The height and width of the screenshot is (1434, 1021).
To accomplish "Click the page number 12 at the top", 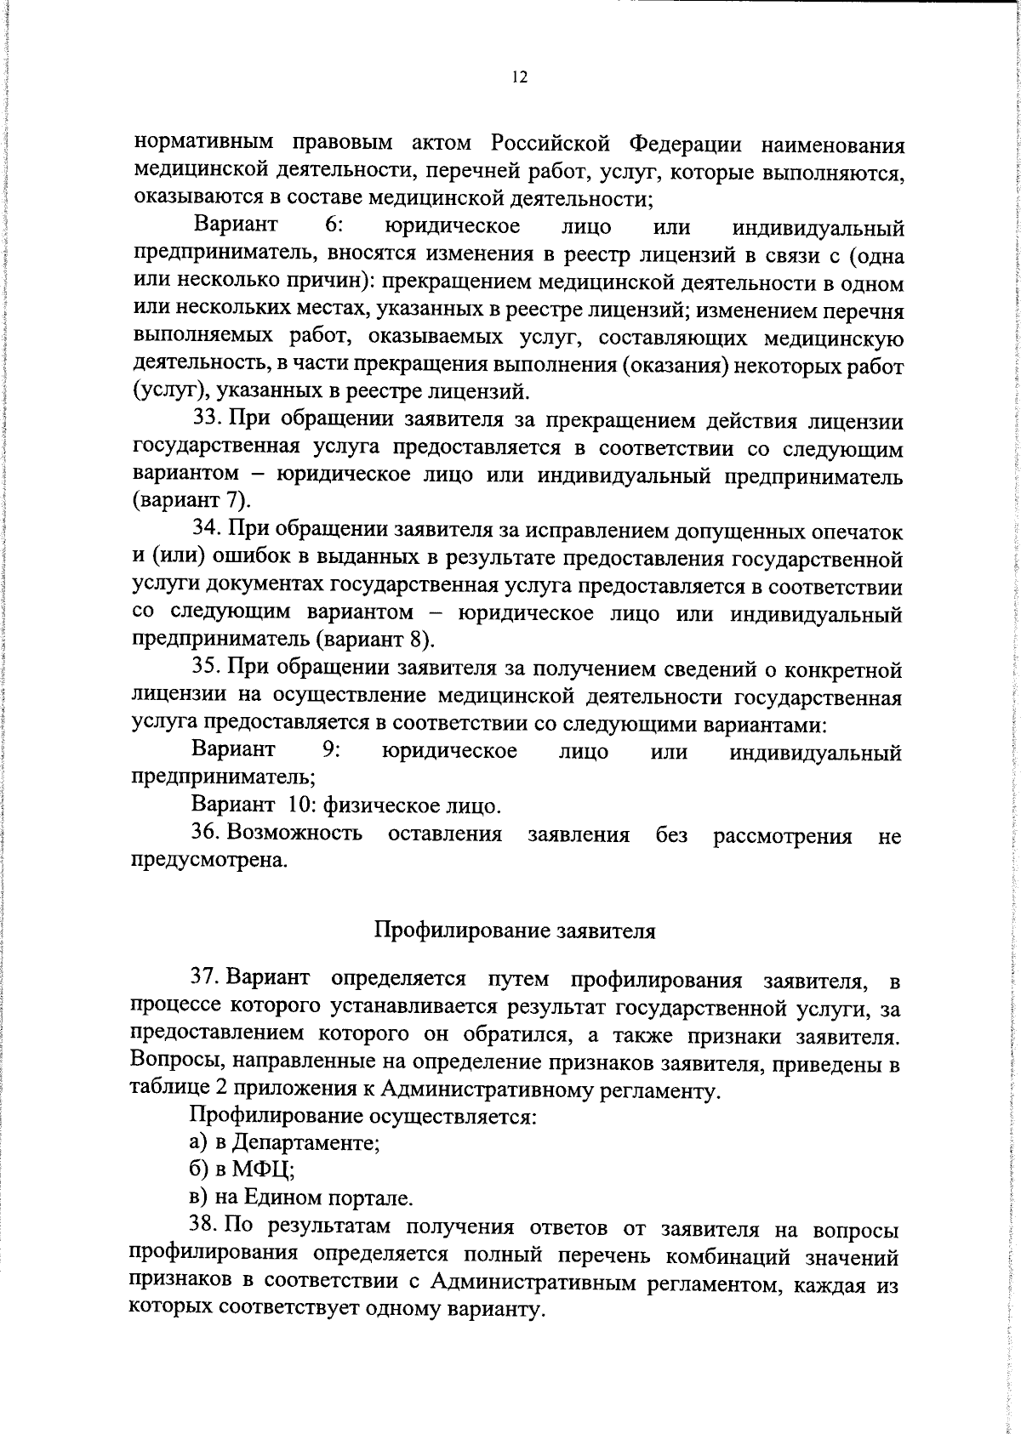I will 520,77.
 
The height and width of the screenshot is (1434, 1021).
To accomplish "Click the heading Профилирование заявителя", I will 515,930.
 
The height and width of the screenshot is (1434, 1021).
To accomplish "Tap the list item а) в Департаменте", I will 284,1142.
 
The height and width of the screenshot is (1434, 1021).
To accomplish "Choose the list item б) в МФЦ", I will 242,1169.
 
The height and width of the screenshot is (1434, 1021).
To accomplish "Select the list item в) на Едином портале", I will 300,1198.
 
